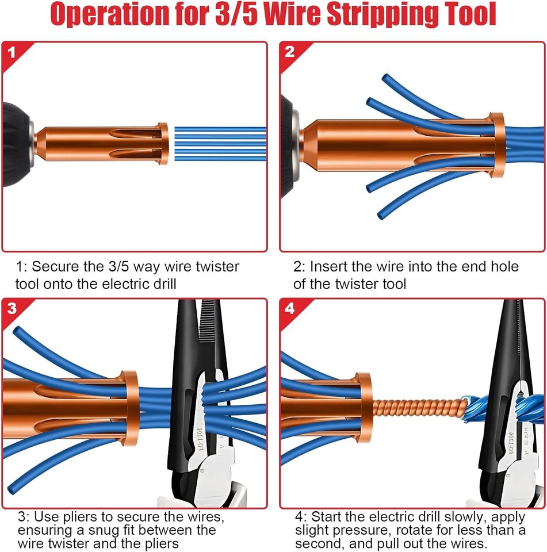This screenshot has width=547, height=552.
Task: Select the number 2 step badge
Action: [x=289, y=52]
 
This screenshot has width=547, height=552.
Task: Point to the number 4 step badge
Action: [x=289, y=309]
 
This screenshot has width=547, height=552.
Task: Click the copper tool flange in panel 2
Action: [x=497, y=144]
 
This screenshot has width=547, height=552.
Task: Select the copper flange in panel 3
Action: [x=131, y=408]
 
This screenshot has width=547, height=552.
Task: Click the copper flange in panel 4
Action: [x=364, y=408]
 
